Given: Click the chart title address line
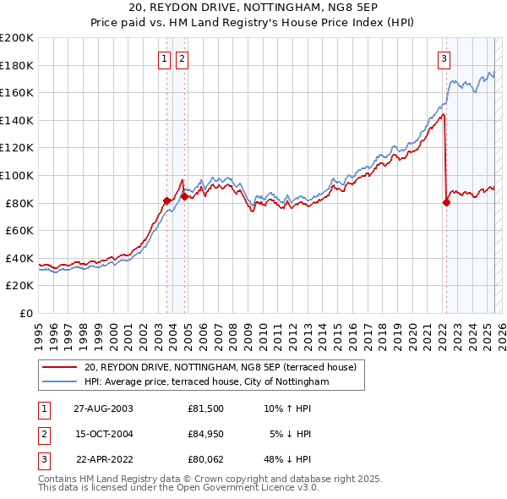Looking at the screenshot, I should click(x=253, y=8).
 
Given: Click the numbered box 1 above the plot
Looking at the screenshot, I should click(x=166, y=58).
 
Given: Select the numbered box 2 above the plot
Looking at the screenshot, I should click(x=183, y=58).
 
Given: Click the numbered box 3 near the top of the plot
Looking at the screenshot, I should click(x=444, y=58).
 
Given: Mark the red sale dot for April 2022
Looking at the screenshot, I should click(x=446, y=202).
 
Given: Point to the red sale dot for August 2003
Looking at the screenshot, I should click(x=166, y=200).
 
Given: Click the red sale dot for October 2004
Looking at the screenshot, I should click(x=183, y=196).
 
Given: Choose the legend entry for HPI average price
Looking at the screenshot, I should click(x=206, y=382).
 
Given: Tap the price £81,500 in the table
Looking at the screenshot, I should click(x=206, y=408).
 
